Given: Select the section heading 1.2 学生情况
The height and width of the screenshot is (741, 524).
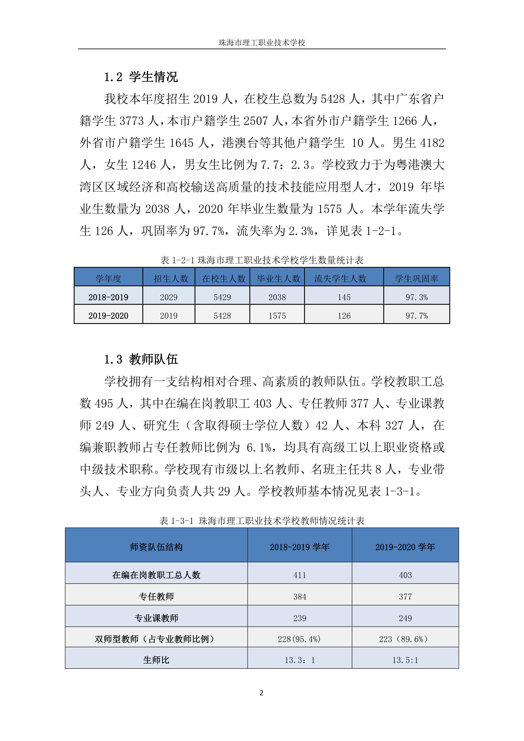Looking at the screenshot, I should click(x=141, y=77).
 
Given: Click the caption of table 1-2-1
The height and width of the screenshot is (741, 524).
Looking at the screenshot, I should click(x=262, y=260).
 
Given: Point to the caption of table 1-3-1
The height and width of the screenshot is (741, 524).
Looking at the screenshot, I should click(x=262, y=520).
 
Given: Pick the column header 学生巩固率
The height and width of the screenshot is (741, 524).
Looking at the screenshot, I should click(x=416, y=279).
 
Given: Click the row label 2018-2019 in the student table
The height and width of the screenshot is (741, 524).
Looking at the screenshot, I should click(x=108, y=297).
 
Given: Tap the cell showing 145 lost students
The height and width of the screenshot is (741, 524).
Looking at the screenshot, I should click(x=344, y=297).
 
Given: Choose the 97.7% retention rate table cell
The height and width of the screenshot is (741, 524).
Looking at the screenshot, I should click(x=416, y=316).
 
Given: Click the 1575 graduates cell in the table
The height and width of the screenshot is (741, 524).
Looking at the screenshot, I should click(x=277, y=316).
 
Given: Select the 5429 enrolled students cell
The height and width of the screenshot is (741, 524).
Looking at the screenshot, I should click(x=222, y=297).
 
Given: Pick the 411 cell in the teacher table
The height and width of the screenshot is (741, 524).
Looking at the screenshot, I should click(x=299, y=575).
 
